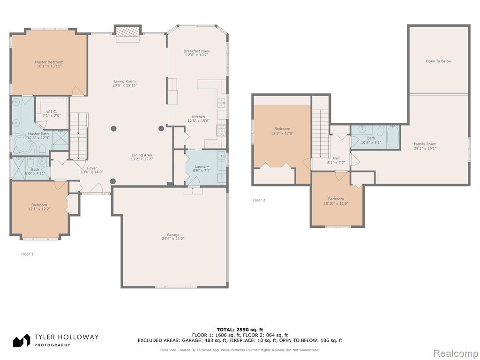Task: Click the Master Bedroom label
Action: tap(49, 62)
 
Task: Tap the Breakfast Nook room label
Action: tap(197, 51)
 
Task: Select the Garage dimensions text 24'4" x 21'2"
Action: tap(173, 239)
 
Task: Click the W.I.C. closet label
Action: tap(52, 112)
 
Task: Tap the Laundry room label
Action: tap(202, 166)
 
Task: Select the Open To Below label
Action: tap(438, 61)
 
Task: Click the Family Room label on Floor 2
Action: tap(425, 144)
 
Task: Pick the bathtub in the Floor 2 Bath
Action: tap(393, 137)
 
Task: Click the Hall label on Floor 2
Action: tap(336, 158)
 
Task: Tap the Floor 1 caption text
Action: tap(27, 254)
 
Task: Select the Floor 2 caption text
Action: tap(259, 200)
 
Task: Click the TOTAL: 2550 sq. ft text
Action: tap(240, 330)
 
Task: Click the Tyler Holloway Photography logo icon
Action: tap(22, 340)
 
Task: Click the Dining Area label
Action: tap(142, 155)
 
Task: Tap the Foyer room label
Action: tap(92, 168)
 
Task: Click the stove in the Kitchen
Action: tap(221, 131)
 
